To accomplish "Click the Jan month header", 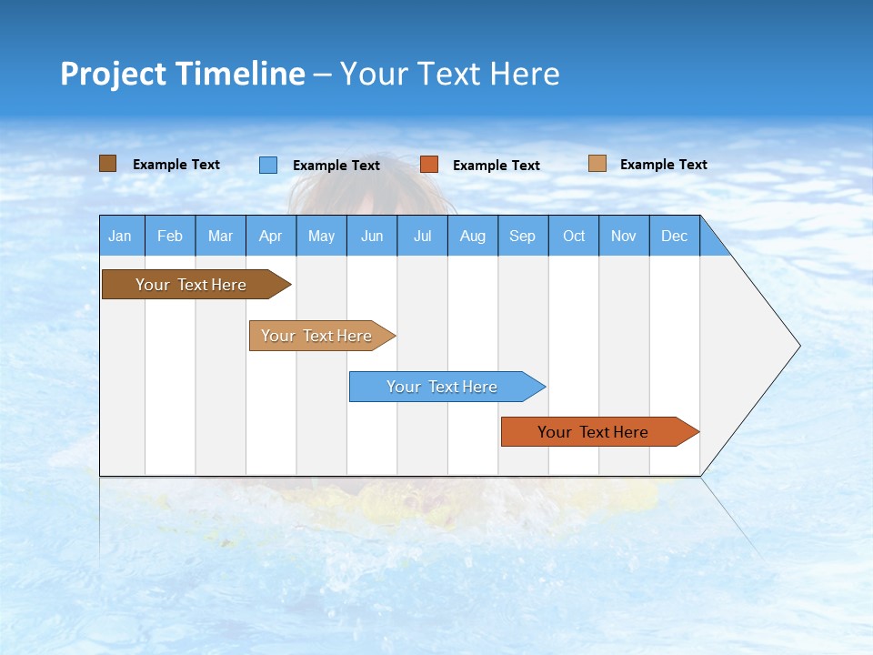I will point(121,236).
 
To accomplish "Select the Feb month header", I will point(170,236).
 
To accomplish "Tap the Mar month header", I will point(220,236).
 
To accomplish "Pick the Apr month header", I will point(271,236).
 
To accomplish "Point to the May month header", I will point(321,236).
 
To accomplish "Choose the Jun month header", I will point(372,236).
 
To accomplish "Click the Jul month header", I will point(422,236).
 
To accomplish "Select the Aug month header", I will point(473,236).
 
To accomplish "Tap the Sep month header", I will point(523,236).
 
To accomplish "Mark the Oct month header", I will point(574,236).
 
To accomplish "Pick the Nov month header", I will point(624,236).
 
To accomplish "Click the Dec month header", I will point(675,236).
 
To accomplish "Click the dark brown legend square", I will point(108,164).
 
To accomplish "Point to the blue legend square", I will point(268,165).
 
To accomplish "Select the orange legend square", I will point(429,165).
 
